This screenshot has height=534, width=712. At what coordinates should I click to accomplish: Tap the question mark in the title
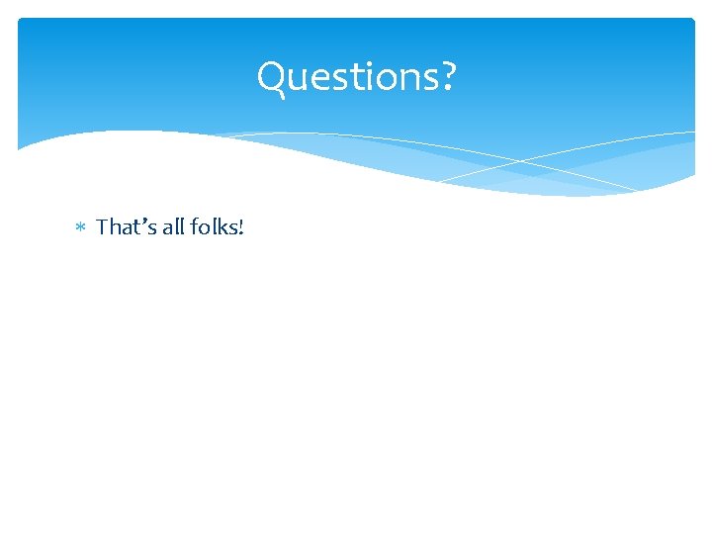[450, 76]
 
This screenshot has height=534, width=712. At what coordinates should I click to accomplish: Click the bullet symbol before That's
[82, 228]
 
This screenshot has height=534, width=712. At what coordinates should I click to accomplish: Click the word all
[169, 227]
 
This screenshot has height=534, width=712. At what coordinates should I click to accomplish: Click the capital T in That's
[103, 227]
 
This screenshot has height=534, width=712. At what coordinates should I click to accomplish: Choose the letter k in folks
[223, 227]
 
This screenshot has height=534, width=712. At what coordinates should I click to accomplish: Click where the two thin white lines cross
[522, 160]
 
